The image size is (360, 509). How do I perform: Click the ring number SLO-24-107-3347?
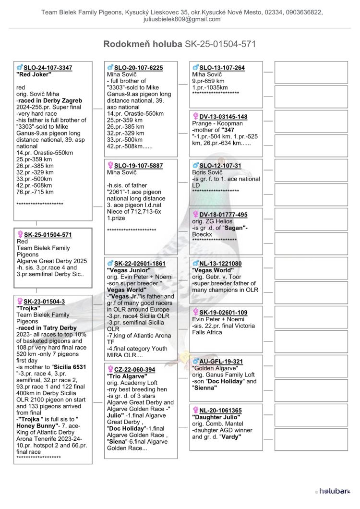(48, 68)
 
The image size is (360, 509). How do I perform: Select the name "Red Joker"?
(34, 74)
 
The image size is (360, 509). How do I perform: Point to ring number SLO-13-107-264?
(222, 68)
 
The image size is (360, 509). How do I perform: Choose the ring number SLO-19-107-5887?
(138, 166)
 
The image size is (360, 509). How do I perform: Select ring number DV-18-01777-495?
(223, 215)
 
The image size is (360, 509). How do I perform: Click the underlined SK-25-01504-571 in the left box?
(48, 235)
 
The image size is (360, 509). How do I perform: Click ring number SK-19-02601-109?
(223, 313)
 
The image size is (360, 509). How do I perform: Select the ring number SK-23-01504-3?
(44, 302)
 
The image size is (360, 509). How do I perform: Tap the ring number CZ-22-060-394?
(134, 369)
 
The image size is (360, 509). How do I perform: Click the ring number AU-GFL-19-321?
(221, 362)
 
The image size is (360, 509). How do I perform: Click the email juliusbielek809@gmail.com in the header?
(182, 19)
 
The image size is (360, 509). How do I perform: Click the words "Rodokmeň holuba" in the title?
(143, 44)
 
